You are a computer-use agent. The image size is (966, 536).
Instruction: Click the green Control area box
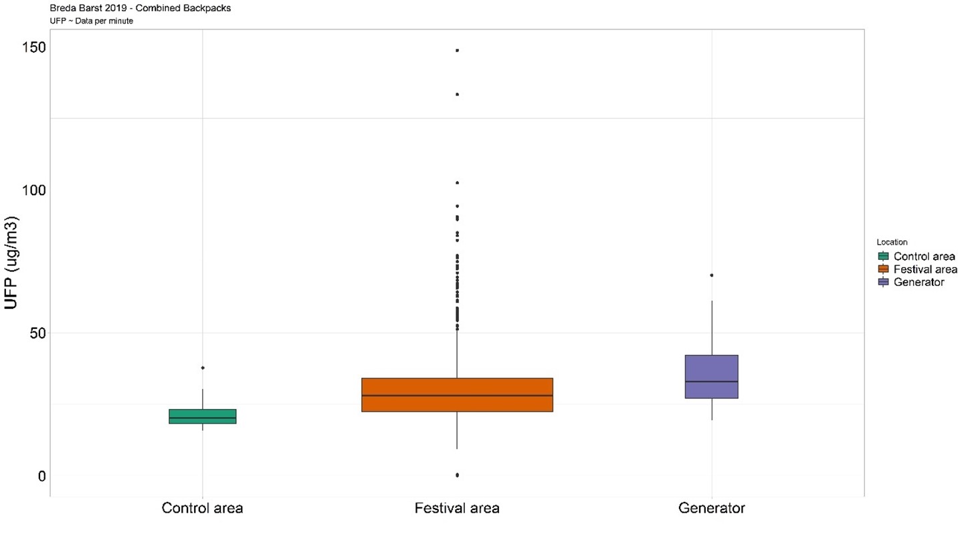(x=203, y=416)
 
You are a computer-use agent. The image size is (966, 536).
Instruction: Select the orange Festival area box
(x=457, y=394)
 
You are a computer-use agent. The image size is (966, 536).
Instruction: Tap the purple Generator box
(x=712, y=376)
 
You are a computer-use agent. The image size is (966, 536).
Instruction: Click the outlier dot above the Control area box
(x=203, y=368)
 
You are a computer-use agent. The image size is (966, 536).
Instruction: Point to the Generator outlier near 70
(x=712, y=275)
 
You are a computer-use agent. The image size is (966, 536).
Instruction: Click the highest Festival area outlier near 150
(x=457, y=50)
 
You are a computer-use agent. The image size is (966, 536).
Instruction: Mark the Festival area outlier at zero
(x=457, y=475)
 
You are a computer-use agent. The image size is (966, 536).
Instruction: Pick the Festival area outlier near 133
(x=457, y=94)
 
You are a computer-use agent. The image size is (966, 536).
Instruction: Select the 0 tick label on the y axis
(x=41, y=476)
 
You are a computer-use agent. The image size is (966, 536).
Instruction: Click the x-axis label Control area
(x=202, y=508)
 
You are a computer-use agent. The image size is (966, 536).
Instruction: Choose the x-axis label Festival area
(x=457, y=508)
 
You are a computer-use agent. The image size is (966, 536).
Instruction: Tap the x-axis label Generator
(x=712, y=508)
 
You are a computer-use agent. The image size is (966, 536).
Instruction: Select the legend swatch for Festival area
(x=883, y=269)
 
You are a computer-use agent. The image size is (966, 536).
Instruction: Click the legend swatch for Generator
(x=883, y=282)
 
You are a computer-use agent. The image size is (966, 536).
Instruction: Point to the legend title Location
(x=892, y=242)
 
